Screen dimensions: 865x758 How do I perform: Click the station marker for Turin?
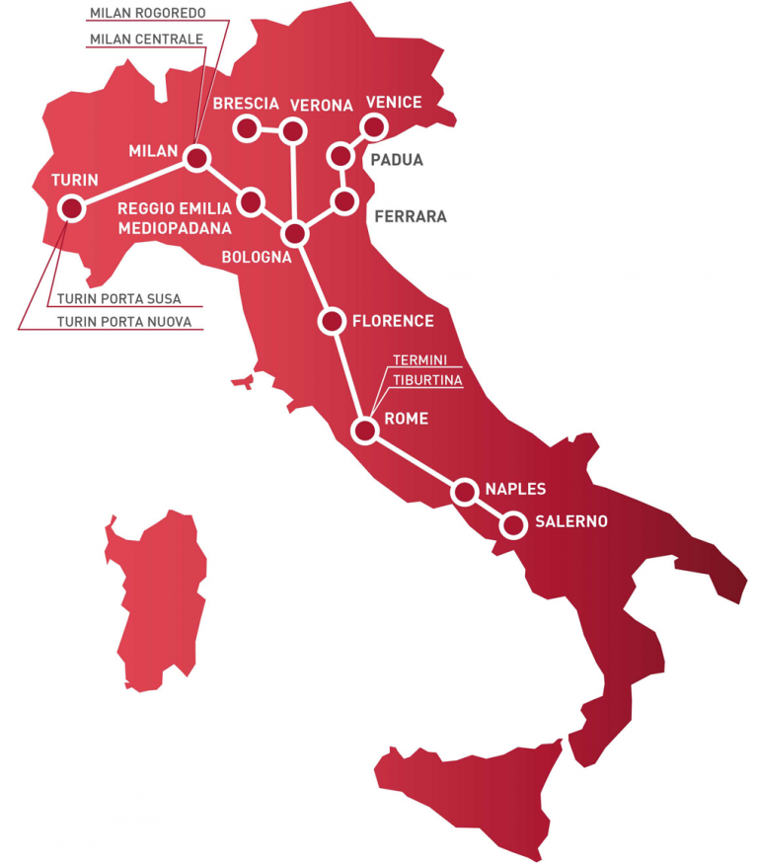(x=71, y=207)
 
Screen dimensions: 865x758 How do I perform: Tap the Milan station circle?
(x=197, y=158)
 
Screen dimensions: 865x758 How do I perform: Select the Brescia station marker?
(x=245, y=128)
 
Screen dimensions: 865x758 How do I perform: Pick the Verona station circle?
(x=293, y=130)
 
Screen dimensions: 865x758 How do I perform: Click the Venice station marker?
(x=373, y=126)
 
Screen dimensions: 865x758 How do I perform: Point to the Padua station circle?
(x=340, y=156)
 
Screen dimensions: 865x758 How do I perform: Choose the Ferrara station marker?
(x=344, y=201)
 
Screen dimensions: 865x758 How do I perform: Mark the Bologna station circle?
(x=294, y=234)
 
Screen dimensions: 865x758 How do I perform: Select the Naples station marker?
(x=464, y=491)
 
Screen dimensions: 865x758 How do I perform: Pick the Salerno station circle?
(x=512, y=524)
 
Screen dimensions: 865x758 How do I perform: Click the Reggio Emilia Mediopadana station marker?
(x=251, y=202)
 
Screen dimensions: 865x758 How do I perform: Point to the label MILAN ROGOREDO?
(x=147, y=13)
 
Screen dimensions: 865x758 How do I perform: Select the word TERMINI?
(x=421, y=359)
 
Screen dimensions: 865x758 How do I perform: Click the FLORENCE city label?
(x=393, y=321)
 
